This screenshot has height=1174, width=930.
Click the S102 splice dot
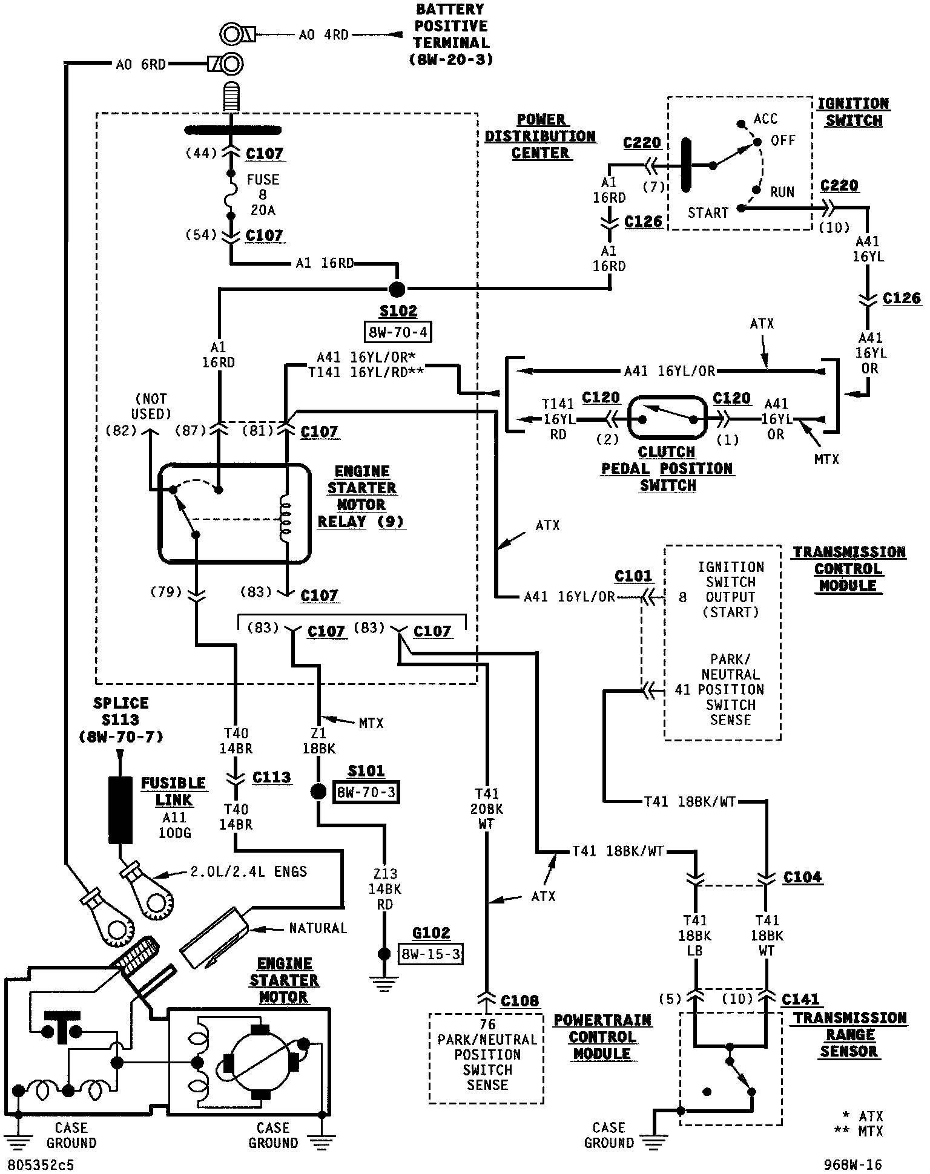coord(396,289)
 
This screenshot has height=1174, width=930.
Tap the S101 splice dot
coord(317,792)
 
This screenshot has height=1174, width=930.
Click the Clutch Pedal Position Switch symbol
coord(667,418)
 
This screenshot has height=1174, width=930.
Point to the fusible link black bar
coord(120,810)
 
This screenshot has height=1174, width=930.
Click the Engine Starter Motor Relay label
coord(361,496)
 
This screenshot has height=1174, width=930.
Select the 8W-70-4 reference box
coord(398,332)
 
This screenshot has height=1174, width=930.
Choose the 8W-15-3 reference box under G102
coord(430,954)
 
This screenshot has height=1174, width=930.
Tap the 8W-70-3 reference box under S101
coord(366,792)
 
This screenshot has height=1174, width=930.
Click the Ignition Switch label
coord(853,112)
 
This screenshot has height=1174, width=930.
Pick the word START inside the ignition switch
coord(707,213)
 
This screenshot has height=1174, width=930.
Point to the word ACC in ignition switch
coord(765,119)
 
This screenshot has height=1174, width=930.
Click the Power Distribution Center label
coord(540,136)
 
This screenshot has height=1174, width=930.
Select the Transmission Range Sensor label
coord(849,1035)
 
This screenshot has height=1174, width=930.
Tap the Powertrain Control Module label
coord(602,1037)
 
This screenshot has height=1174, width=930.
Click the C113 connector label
coord(271,777)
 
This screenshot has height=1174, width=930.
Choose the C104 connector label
coord(802,877)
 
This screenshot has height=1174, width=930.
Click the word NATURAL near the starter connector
coord(318,928)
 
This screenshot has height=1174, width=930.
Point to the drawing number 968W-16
coord(852,1164)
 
